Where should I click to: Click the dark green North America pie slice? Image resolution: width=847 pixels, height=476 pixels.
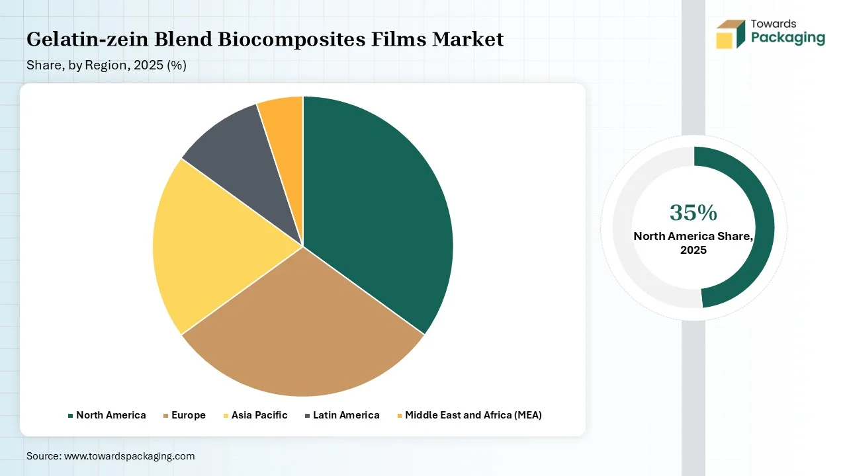coord(375,212)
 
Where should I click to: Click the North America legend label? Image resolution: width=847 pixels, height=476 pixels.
coord(111,415)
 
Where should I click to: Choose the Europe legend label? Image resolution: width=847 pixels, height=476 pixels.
coord(189,415)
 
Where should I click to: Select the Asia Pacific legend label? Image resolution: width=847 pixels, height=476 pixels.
coord(259,415)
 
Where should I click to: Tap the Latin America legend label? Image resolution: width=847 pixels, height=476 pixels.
coord(346,415)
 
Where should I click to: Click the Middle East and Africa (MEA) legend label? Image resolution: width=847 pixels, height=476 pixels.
coord(473,415)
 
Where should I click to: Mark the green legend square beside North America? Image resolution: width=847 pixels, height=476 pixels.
coord(70,416)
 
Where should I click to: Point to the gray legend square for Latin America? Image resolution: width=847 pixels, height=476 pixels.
coord(308,416)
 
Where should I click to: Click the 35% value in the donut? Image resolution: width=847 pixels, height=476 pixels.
coord(693,213)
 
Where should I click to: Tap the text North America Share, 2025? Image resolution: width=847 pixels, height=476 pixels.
coord(693,243)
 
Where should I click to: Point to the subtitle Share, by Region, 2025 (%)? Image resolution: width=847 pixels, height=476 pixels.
coord(107,65)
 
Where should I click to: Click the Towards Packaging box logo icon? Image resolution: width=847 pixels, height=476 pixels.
coord(730,34)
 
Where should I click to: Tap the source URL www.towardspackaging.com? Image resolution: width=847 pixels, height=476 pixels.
coord(129,456)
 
